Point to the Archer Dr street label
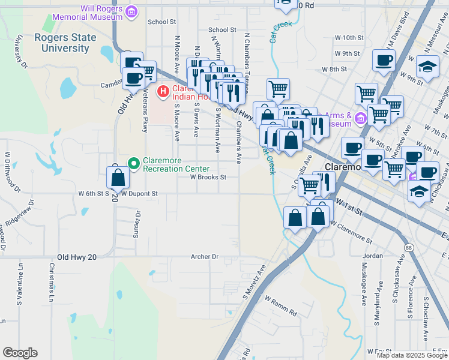[x=204, y=256]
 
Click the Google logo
[x=20, y=353]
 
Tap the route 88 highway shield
[x=408, y=247]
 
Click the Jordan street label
[x=372, y=256]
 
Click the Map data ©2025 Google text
[x=412, y=355]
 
